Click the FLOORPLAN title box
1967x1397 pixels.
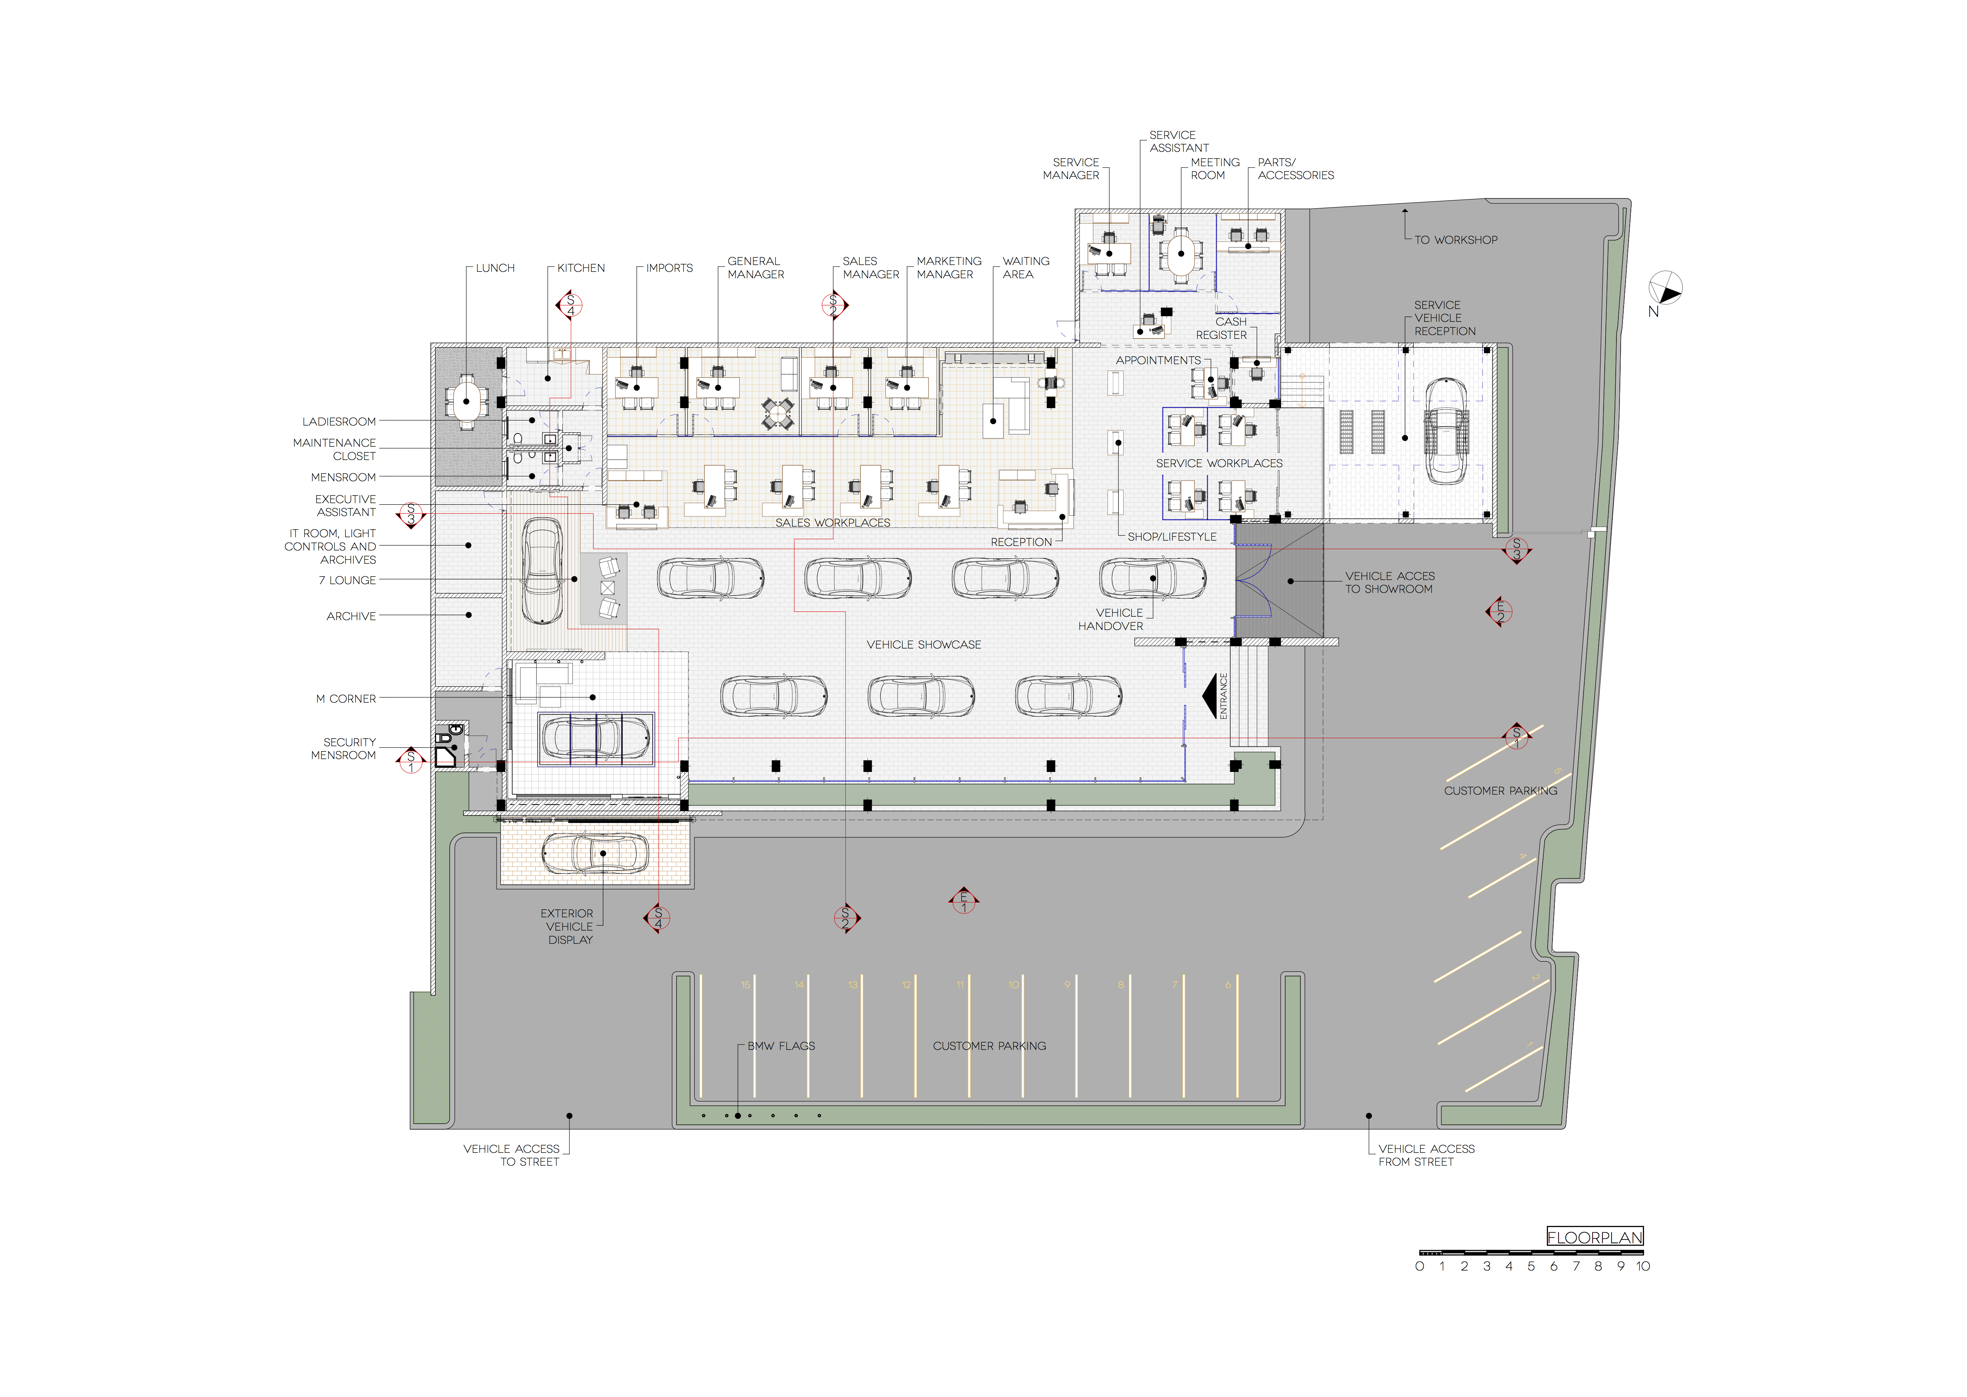click(1594, 1237)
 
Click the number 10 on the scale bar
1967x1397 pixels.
click(1643, 1266)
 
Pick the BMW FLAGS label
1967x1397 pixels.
click(781, 1046)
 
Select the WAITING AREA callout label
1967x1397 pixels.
click(1025, 268)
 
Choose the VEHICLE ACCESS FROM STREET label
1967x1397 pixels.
click(1426, 1155)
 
